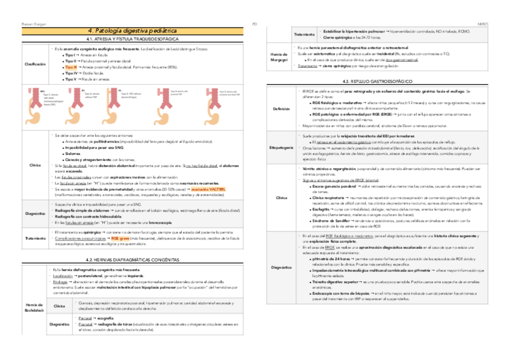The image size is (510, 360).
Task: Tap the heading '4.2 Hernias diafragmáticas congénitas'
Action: tap(132, 260)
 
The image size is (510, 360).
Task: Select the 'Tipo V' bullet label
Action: tap(71, 79)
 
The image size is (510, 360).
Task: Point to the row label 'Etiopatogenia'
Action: tap(281, 147)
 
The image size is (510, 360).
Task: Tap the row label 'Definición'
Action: tap(281, 109)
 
